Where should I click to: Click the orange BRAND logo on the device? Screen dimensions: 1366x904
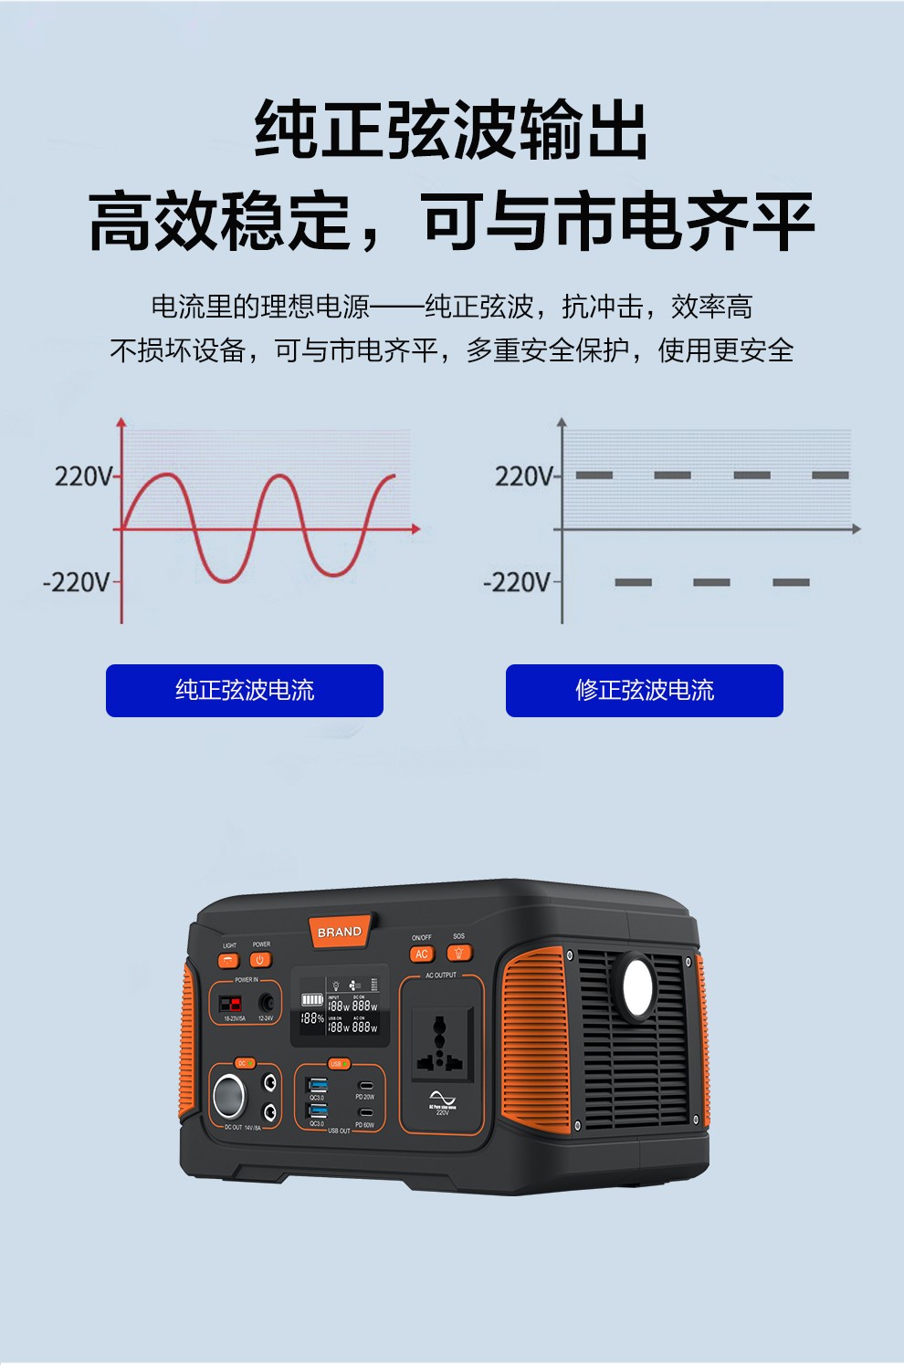point(340,932)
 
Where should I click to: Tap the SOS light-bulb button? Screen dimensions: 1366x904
point(458,954)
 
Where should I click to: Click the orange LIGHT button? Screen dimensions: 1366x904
point(228,960)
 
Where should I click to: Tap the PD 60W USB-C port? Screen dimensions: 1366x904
point(365,1113)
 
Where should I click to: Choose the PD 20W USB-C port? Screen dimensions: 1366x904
point(365,1086)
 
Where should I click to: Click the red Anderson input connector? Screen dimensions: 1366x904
point(229,1005)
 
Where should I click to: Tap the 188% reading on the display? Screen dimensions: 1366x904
point(312,1018)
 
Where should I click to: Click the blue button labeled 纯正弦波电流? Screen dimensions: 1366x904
point(245,691)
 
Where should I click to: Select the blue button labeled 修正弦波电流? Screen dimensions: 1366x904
point(645,691)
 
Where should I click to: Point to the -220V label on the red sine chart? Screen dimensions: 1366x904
point(77,582)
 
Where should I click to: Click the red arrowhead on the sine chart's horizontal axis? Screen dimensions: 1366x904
point(415,529)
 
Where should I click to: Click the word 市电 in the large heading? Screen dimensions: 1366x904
point(618,222)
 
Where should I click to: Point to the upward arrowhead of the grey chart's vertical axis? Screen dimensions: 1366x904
point(562,422)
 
